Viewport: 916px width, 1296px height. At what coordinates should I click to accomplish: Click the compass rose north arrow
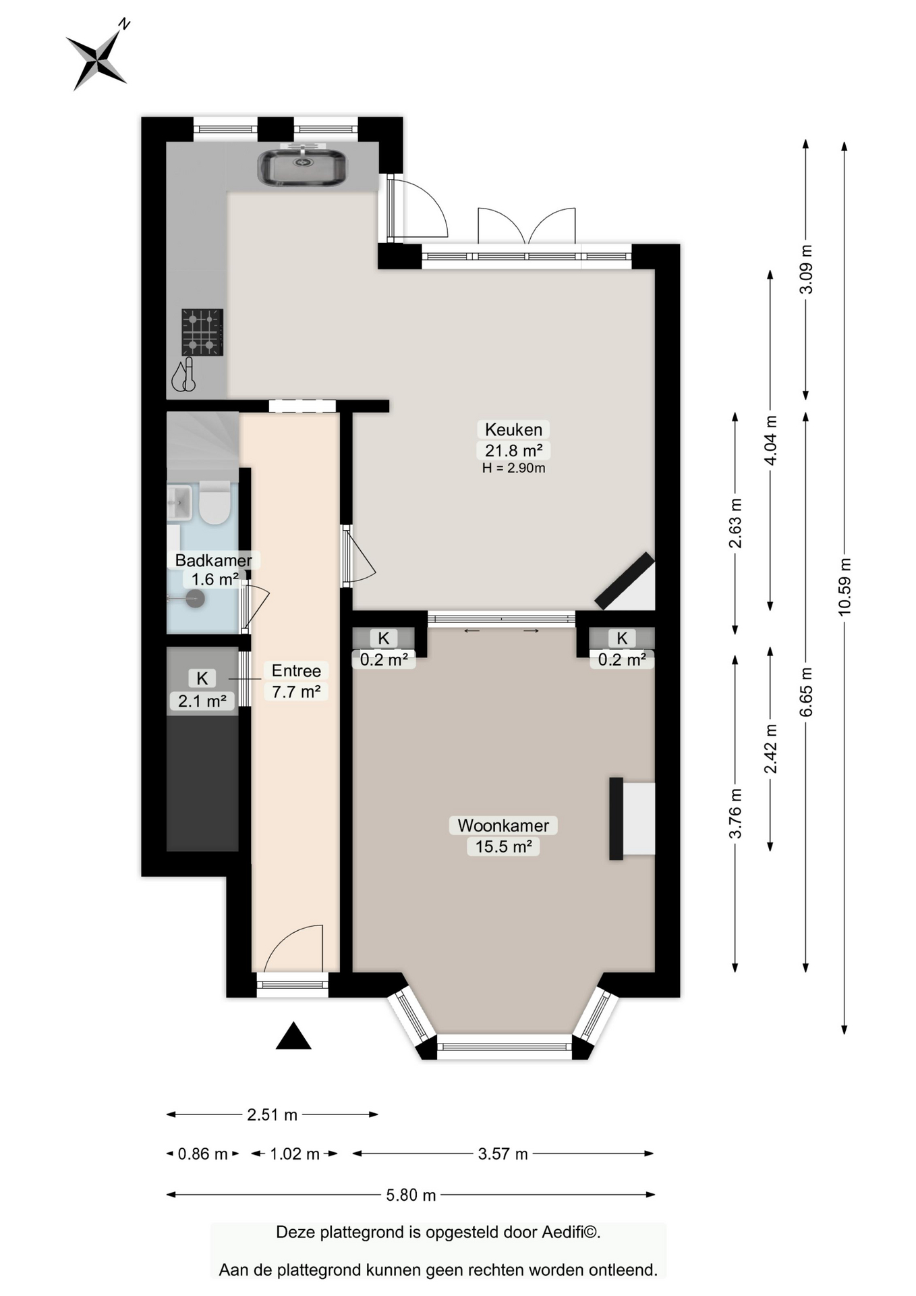tap(98, 56)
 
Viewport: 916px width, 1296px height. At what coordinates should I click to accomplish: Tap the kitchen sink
tap(302, 167)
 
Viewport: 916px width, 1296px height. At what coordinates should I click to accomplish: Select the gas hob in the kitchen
tap(202, 332)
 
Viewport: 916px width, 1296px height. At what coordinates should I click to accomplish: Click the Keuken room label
tap(513, 429)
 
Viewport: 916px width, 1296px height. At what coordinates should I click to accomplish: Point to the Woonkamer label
tap(503, 825)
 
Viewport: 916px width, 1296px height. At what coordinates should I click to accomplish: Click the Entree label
tap(296, 670)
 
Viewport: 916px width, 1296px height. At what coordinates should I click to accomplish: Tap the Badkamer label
tap(214, 560)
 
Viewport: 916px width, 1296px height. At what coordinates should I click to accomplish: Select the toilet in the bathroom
tap(215, 503)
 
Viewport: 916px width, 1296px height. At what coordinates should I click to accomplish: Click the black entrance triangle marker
tap(293, 1035)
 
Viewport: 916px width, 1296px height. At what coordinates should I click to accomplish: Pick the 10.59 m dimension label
tap(845, 587)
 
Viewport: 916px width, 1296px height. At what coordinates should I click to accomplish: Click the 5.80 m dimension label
tap(411, 1195)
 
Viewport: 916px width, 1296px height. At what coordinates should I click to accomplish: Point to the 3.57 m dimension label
tap(503, 1154)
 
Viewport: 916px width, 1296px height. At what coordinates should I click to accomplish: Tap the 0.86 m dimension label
tap(203, 1154)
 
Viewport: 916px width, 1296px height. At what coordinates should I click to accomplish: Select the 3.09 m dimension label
tap(806, 269)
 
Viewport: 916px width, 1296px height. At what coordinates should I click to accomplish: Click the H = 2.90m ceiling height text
tap(514, 468)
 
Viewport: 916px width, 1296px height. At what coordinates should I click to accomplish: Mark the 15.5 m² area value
tap(503, 846)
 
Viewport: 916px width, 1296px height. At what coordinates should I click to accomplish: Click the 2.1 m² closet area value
tap(202, 701)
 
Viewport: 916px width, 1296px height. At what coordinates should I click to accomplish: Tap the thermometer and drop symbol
tap(183, 375)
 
